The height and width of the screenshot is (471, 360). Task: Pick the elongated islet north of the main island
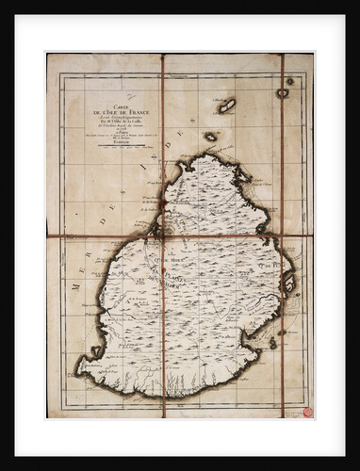pos(227,106)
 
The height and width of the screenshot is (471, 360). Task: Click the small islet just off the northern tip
pos(210,137)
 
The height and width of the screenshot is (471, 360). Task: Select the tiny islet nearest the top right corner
pos(290,81)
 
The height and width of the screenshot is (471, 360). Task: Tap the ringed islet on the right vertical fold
pos(282,93)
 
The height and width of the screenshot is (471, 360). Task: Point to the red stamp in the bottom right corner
pos(307,412)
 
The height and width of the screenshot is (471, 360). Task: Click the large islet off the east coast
pos(289,284)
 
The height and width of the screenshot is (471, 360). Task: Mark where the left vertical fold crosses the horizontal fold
pos(162,235)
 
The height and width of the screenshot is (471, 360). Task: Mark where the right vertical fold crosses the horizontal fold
pos(282,235)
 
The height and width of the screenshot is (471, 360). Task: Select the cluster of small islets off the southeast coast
pos(273,343)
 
